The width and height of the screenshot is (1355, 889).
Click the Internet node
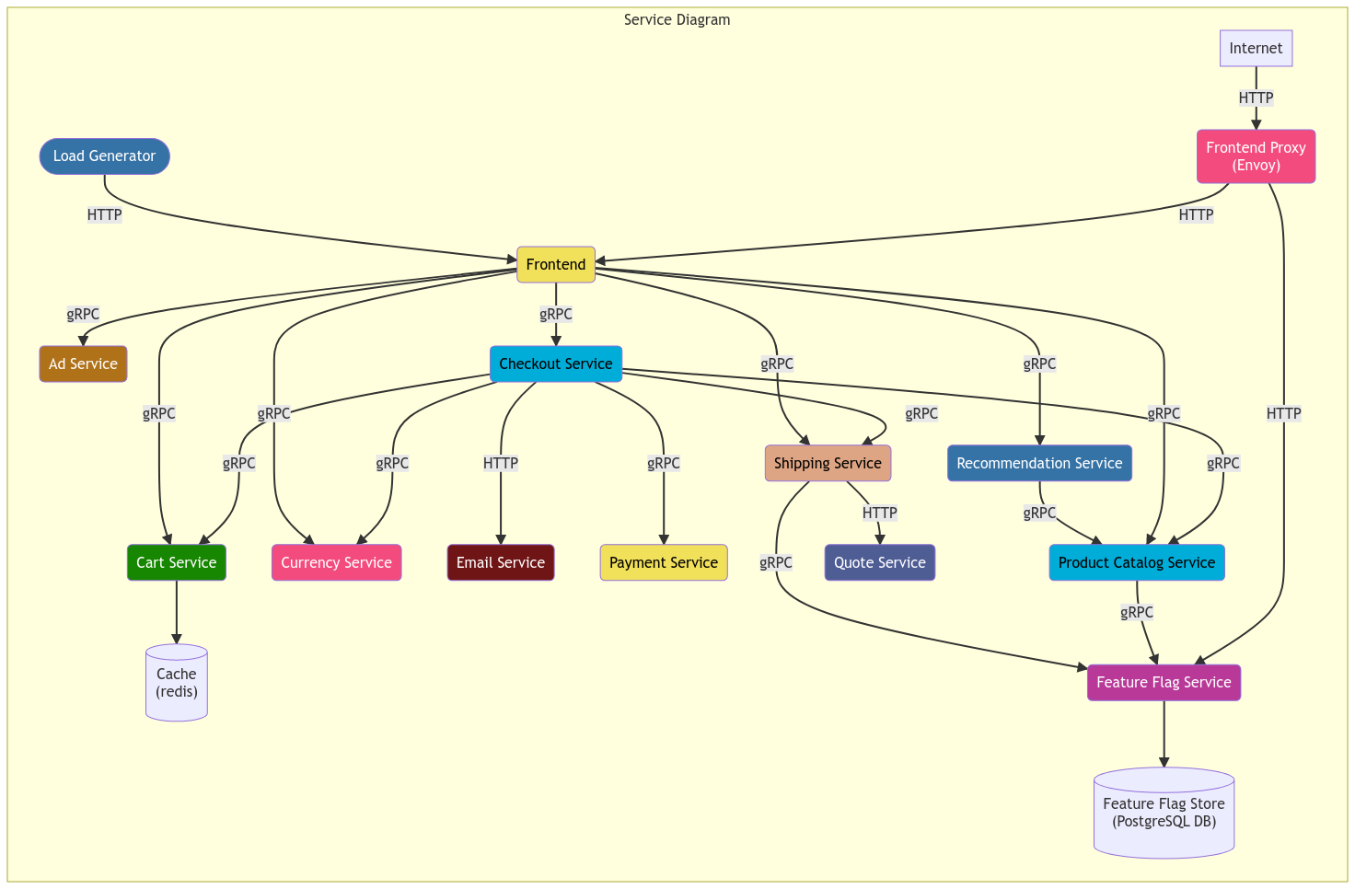tap(1256, 48)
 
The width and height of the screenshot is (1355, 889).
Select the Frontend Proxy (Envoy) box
tap(1256, 156)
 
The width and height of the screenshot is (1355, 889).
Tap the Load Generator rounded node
tap(104, 156)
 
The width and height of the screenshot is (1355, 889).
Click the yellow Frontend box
tap(555, 264)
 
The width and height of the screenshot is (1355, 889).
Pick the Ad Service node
tap(83, 364)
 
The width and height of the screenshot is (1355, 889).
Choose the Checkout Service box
tap(555, 364)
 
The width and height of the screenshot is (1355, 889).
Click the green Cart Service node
tap(176, 562)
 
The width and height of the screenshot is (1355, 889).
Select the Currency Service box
tap(336, 562)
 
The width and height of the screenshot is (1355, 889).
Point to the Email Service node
tap(500, 562)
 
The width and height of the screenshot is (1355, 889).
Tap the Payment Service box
tap(663, 562)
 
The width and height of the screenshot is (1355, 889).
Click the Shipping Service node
tap(827, 463)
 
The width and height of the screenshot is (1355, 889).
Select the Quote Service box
tap(879, 562)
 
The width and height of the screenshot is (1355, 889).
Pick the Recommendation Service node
tap(1039, 463)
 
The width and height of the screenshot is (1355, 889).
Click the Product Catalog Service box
tap(1136, 562)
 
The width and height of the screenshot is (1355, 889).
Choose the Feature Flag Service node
tap(1164, 682)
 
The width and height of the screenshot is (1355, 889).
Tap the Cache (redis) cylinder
tap(176, 683)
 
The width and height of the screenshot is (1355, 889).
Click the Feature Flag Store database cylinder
tap(1164, 813)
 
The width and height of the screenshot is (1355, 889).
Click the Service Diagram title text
tap(677, 19)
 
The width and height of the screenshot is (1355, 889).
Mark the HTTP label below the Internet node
tap(1256, 98)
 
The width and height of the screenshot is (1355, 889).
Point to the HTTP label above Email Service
tap(500, 463)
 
